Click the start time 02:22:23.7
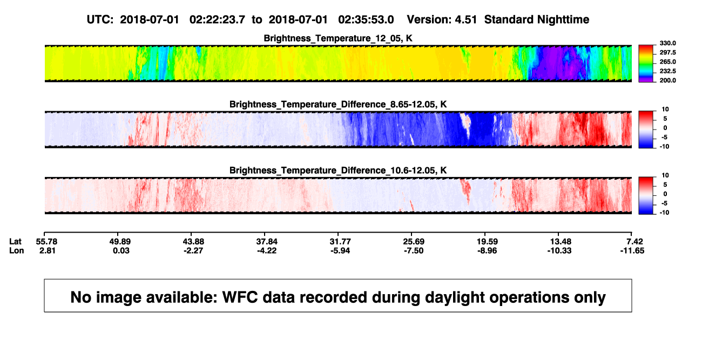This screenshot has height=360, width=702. [x=217, y=19]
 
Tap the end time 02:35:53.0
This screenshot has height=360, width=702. [x=366, y=19]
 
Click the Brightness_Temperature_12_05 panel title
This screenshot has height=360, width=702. [x=338, y=38]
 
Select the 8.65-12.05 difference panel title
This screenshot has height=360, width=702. [x=338, y=104]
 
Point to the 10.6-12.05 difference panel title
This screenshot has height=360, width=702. [x=338, y=171]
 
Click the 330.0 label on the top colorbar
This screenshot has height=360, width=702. [x=667, y=43]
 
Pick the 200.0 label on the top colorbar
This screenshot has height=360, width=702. [x=667, y=80]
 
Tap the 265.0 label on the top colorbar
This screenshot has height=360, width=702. [x=667, y=62]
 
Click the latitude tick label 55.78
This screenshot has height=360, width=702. [x=46, y=242]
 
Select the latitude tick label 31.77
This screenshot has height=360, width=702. [x=340, y=242]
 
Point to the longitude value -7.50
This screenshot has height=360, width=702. [x=413, y=250]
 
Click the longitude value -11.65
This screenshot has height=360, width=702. [x=632, y=250]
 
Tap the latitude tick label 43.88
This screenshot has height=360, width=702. [x=193, y=242]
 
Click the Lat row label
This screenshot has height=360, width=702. [x=15, y=242]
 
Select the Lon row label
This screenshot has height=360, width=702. [x=17, y=250]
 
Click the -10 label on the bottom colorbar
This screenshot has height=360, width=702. [x=664, y=213]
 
